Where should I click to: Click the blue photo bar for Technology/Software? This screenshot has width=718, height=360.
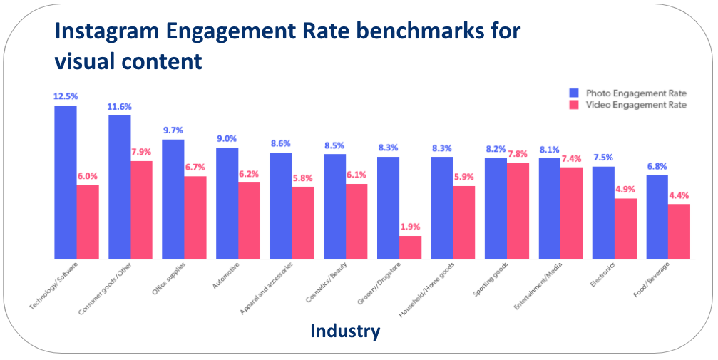[x=66, y=182]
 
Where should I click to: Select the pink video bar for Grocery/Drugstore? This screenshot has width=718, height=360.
[x=410, y=247]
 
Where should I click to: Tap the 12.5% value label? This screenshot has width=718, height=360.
[x=65, y=96]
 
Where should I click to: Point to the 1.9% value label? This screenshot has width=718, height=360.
[x=410, y=227]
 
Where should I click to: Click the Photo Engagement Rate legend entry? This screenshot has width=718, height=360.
[x=627, y=93]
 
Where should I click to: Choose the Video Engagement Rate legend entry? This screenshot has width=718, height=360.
[x=627, y=105]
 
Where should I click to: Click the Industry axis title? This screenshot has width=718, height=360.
[x=345, y=331]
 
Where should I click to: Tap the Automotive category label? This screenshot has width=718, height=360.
[x=227, y=274]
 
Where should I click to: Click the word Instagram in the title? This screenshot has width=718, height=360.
[x=120, y=33]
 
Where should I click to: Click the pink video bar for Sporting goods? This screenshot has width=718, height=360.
[x=518, y=210]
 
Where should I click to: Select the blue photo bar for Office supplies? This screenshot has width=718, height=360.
[x=173, y=199]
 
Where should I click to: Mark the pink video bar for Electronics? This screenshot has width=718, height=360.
[x=625, y=228]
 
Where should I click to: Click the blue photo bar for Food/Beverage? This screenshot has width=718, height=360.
[x=657, y=217]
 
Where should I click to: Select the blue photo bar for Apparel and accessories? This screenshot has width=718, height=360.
[x=281, y=205]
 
